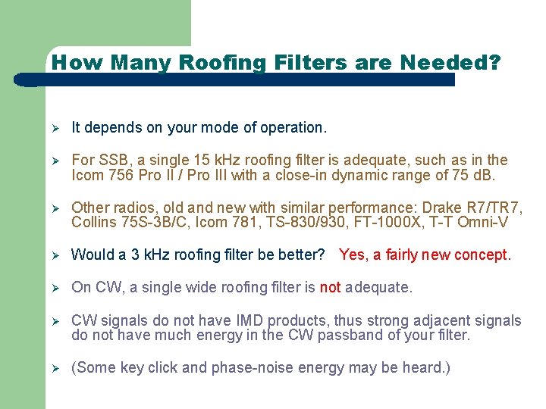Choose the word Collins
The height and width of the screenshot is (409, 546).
(x=93, y=223)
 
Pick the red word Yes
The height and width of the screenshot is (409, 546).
(x=353, y=254)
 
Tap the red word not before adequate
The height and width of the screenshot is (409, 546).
(x=330, y=287)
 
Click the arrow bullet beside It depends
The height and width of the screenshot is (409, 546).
(x=55, y=128)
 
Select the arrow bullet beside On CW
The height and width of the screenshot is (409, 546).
(x=55, y=288)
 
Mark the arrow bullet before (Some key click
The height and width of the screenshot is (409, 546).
(x=55, y=369)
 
